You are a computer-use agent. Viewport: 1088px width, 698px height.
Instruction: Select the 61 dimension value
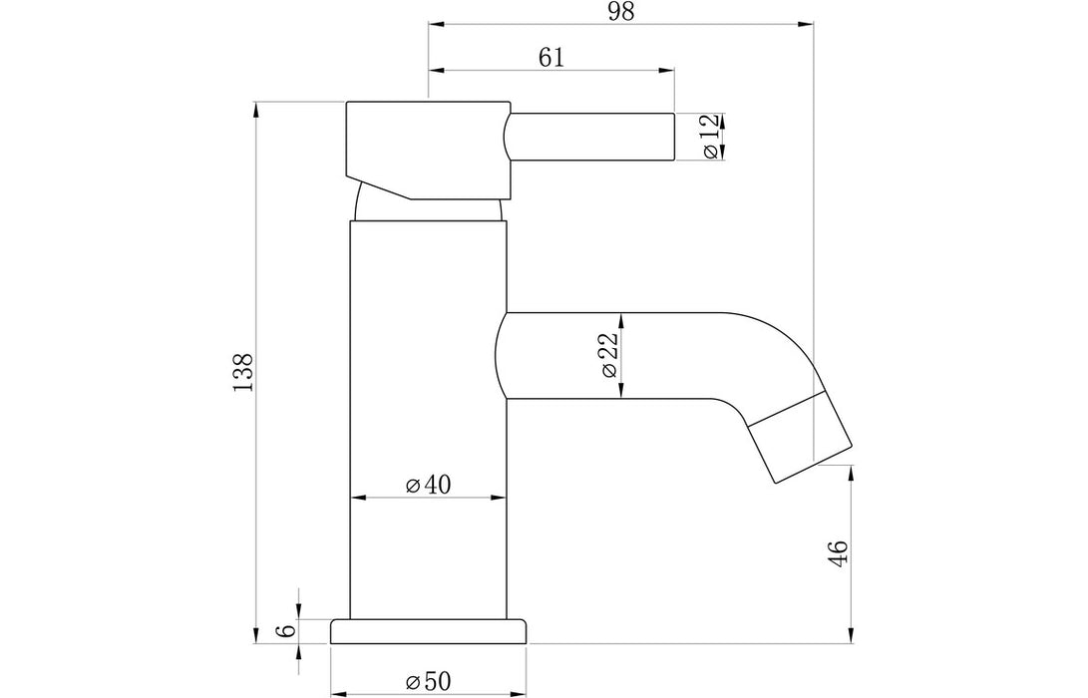click(x=551, y=58)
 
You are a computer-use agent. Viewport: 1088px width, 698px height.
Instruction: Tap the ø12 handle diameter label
click(x=711, y=137)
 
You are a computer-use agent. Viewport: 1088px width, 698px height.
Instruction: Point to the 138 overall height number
click(x=244, y=372)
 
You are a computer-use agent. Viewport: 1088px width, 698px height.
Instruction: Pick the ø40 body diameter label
click(x=429, y=485)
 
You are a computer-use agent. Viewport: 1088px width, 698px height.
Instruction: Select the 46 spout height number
click(x=838, y=554)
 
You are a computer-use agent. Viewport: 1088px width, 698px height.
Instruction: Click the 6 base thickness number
click(x=287, y=630)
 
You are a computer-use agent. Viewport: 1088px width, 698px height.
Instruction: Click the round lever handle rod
click(x=593, y=137)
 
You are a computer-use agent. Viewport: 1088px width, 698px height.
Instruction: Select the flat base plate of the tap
click(x=428, y=631)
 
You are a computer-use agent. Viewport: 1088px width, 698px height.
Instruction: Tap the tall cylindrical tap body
click(x=428, y=419)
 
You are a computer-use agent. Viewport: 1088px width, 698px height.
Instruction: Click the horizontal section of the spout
click(x=618, y=356)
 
